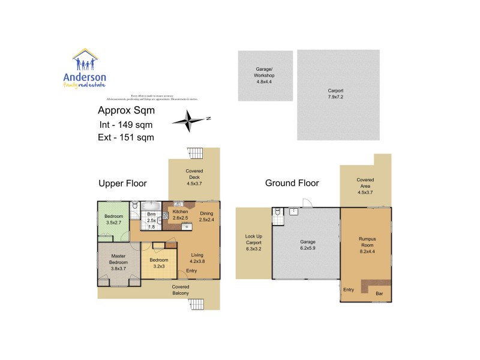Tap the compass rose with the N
190,121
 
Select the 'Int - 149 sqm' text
125,125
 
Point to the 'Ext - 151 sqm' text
125,137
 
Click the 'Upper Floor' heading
122,183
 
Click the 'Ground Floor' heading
292,183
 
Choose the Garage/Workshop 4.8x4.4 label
265,76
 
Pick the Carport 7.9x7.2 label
338,94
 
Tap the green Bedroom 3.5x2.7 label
113,220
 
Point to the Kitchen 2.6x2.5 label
180,215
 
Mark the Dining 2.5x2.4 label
206,216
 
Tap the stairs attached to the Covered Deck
196,152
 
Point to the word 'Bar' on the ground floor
379,293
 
